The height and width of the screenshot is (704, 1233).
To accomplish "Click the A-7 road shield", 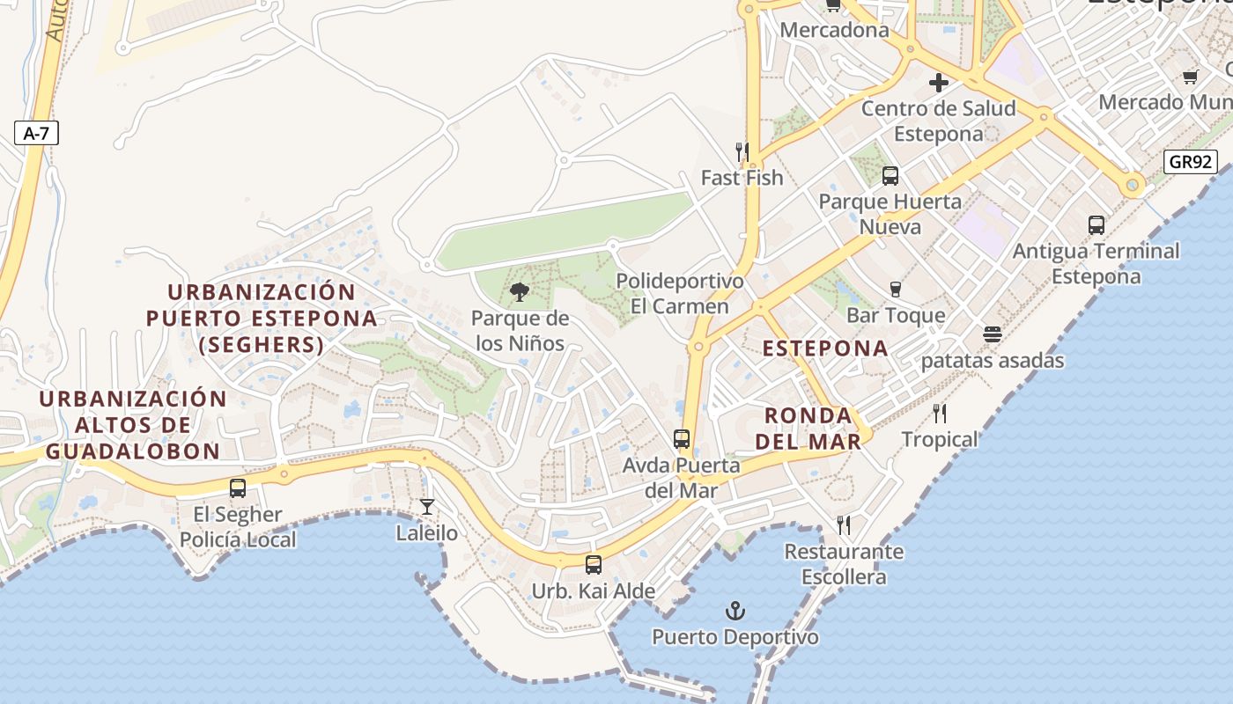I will (x=36, y=134).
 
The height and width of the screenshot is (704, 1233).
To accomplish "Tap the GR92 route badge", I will (x=1190, y=162).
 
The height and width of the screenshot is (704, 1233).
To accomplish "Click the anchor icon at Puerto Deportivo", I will (x=735, y=610).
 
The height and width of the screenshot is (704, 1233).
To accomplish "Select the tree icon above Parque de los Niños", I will (x=520, y=291).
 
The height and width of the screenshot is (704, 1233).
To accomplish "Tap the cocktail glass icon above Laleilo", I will (x=427, y=507).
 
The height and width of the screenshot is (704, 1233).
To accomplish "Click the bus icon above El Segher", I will (x=238, y=488).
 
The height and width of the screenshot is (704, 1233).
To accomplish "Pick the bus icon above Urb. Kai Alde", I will (x=594, y=564).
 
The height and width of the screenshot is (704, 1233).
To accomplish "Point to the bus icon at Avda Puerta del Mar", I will (x=682, y=438).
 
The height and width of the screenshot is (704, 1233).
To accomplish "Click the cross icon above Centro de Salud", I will (x=939, y=83).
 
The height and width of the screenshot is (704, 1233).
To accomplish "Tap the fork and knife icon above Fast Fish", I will (x=742, y=151).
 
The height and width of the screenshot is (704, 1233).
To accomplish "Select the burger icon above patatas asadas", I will (x=993, y=334).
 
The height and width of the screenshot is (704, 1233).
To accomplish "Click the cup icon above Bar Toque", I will (x=896, y=289).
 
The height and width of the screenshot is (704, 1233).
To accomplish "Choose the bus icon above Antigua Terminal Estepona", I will (x=1096, y=225).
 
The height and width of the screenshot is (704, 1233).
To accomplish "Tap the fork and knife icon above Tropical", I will (x=940, y=413).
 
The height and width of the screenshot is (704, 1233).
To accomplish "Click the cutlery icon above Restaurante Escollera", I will (x=844, y=525).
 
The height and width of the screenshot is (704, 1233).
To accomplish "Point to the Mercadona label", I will (x=835, y=30).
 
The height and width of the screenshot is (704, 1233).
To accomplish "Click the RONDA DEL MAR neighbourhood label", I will (x=808, y=428).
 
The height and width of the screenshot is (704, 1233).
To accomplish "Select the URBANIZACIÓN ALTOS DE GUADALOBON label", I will (x=133, y=425).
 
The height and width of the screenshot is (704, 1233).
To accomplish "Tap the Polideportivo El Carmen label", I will (x=680, y=294).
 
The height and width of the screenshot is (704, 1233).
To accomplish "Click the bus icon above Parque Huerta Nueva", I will (x=890, y=175).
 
